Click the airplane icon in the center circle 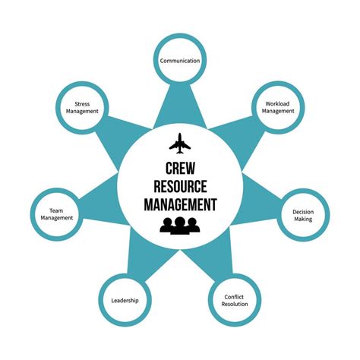[x=180, y=144]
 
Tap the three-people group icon [x=180, y=226]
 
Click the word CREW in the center [x=180, y=169]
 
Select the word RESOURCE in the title [x=180, y=186]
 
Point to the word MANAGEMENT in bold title [x=180, y=204]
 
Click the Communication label [x=180, y=61]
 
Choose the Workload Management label [x=278, y=107]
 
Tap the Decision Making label [x=303, y=216]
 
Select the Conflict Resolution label [x=235, y=300]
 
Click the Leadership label [x=125, y=301]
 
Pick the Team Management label [x=57, y=214]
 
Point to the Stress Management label [x=82, y=108]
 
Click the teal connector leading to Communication [x=180, y=106]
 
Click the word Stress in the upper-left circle [x=82, y=104]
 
